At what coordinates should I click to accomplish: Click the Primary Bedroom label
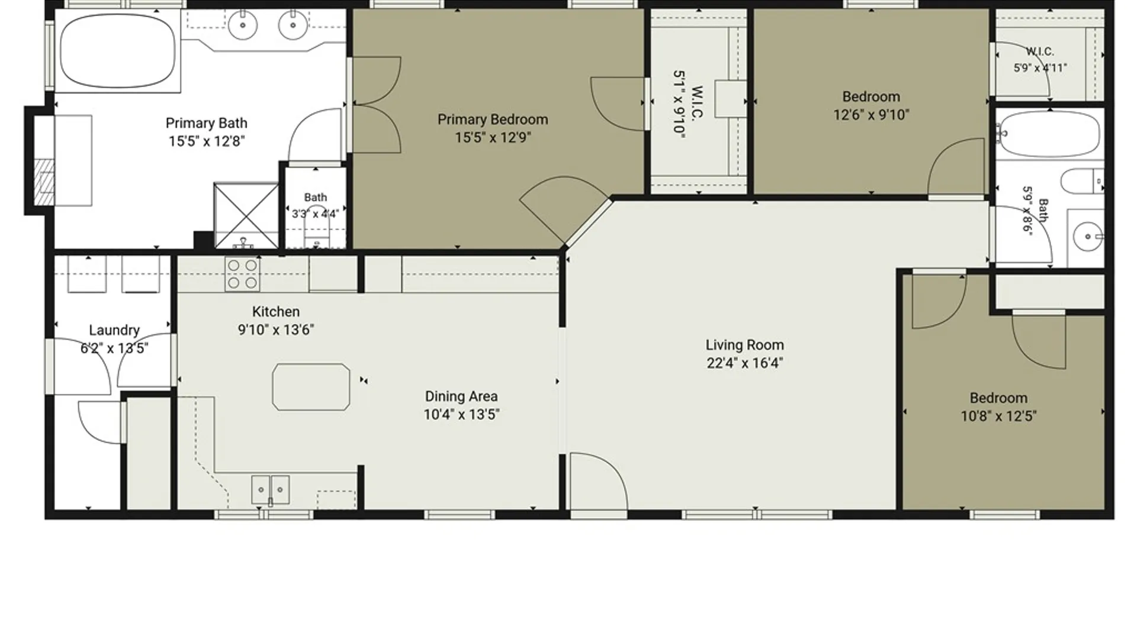coord(493,120)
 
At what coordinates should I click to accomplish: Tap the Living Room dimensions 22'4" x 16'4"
coord(744,363)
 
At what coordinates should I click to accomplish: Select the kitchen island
coord(311,387)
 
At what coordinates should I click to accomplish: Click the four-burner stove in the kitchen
coord(242,274)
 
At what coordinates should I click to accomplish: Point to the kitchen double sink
coord(270,490)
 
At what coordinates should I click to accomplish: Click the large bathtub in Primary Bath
coord(117,51)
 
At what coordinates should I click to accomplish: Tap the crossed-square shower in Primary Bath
coord(246,216)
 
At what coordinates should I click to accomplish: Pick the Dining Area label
coord(461,396)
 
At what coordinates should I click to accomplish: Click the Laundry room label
coord(114,330)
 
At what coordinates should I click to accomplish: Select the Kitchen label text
coord(276,312)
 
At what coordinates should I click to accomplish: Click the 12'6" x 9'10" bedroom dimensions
coord(871,115)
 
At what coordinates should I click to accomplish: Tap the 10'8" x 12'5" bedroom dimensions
coord(998,417)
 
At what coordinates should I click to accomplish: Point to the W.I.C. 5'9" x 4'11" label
coord(1040,60)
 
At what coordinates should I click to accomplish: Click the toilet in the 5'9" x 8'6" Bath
coord(1082,181)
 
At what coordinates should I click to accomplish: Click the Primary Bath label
coord(206,123)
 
